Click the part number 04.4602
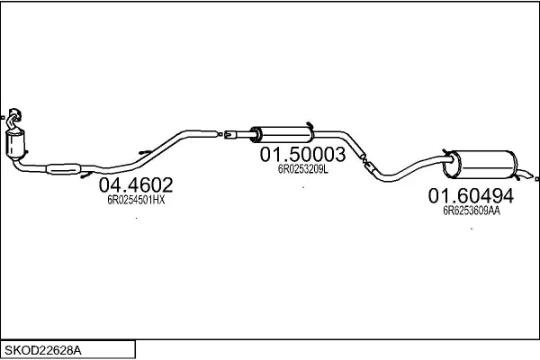135,185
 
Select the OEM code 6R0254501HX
136,201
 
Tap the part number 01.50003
302,155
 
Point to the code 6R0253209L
302,168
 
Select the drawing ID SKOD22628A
43,348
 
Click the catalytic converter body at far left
15,143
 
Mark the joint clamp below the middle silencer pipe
364,161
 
